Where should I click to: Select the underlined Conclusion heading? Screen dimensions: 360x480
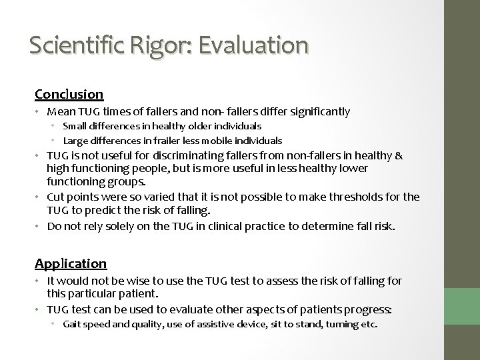click(69, 94)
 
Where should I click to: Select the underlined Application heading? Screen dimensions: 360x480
click(71, 263)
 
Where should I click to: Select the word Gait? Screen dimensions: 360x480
click(73, 325)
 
